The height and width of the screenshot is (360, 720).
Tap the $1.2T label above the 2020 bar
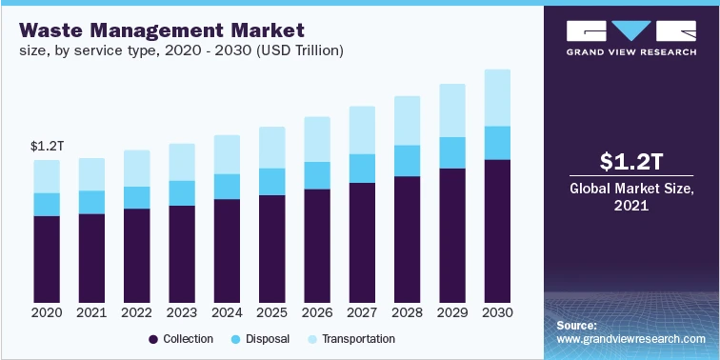[47, 146]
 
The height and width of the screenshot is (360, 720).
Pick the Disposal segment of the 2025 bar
[272, 181]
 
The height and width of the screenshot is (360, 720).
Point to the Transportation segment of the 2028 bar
[408, 120]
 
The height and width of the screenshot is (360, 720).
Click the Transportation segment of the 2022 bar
[137, 168]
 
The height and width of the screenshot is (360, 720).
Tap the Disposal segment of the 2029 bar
[452, 152]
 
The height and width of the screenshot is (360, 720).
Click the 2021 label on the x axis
[91, 312]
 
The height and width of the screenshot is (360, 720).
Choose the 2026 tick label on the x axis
[317, 312]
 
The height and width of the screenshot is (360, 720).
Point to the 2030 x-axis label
[497, 312]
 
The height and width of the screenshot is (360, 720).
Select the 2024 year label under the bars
[227, 312]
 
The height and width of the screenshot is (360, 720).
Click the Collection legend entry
[181, 339]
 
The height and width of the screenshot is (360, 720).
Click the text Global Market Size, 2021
[630, 196]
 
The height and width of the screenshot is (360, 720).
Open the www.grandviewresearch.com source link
[630, 339]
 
